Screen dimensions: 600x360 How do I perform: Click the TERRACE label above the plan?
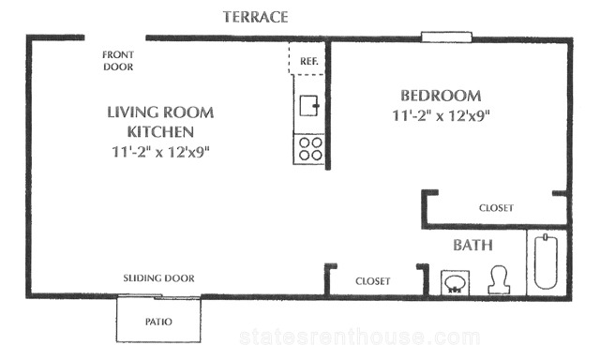point(255,17)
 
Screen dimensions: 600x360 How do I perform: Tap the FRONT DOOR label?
point(118,61)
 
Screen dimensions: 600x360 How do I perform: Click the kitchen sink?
point(309,106)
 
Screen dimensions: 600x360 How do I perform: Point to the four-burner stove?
point(309,149)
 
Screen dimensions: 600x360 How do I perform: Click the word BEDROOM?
point(441,96)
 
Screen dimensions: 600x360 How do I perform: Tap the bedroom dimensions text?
point(441,115)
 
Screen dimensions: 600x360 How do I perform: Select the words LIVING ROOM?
point(160,112)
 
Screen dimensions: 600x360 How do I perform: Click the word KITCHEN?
point(160,132)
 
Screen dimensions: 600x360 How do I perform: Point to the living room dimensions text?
point(160,152)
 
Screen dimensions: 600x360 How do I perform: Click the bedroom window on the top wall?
point(446,37)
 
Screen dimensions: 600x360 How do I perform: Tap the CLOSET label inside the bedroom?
point(496,208)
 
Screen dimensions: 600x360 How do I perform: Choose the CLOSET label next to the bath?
point(373,281)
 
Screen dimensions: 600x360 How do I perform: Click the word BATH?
point(472,246)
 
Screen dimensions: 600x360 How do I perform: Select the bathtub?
point(546,262)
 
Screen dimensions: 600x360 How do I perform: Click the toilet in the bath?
point(500,280)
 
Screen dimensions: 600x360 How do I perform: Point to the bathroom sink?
point(455,283)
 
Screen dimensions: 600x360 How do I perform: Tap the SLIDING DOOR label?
point(158,278)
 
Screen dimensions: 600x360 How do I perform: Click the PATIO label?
point(158,322)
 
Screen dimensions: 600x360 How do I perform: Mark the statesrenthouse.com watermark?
point(360,337)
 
